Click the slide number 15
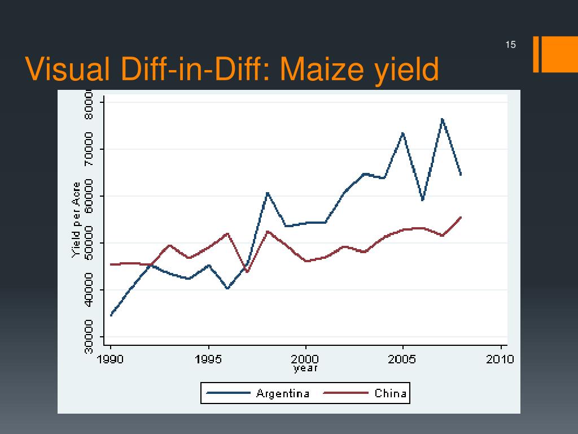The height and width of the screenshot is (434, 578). click(x=511, y=45)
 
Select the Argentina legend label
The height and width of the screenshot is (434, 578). click(x=283, y=393)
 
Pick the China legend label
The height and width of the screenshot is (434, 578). click(x=391, y=393)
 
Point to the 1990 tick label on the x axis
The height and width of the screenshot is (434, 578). click(x=111, y=359)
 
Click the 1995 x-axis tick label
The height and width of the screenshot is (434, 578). click(x=209, y=359)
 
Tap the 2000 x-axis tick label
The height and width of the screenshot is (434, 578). click(x=305, y=359)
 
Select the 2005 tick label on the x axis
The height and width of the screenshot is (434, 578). click(x=403, y=359)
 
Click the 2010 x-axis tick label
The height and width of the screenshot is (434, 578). click(x=500, y=359)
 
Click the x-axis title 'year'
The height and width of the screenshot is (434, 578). click(x=305, y=368)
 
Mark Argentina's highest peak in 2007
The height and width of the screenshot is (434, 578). click(x=442, y=119)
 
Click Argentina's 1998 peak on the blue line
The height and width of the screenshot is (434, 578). click(x=267, y=193)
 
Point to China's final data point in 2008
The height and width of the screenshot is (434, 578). click(x=461, y=217)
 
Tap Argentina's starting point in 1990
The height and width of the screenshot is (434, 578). click(x=111, y=315)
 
